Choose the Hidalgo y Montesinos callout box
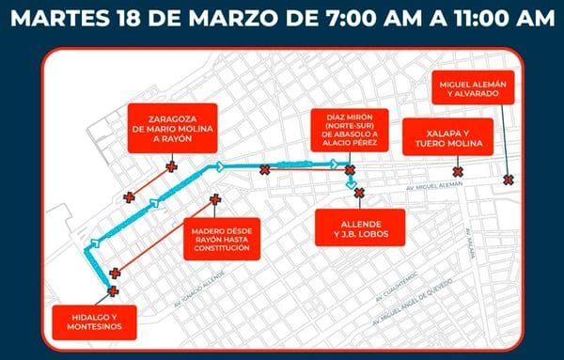[x=96, y=321]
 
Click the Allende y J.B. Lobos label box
[x=357, y=223]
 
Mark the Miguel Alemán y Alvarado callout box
[x=473, y=88]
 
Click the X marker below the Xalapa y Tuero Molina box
[x=458, y=171]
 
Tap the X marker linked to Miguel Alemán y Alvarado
[x=509, y=180]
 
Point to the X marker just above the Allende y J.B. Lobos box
[x=358, y=193]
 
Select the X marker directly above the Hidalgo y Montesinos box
[x=113, y=292]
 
